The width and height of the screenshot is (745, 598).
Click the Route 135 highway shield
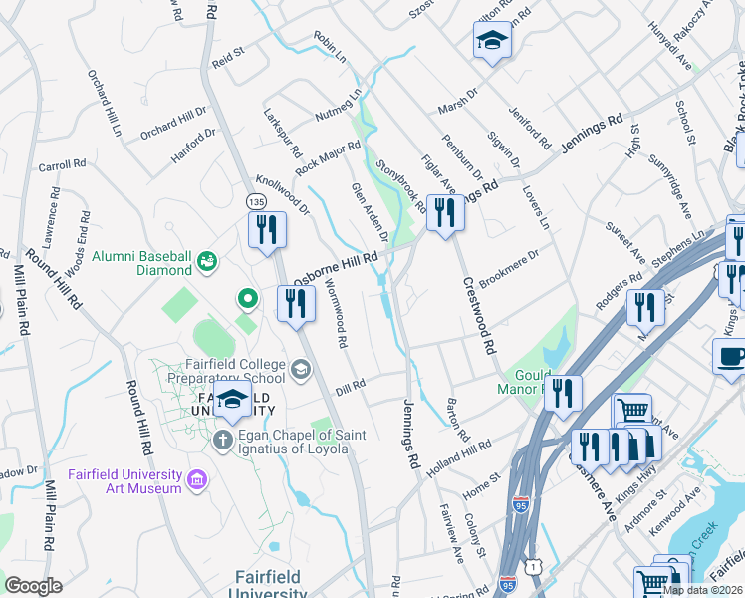coord(254,201)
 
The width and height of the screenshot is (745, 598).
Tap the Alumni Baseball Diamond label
coord(141,262)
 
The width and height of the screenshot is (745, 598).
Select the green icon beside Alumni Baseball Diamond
coord(206,262)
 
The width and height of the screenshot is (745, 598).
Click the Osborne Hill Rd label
coord(335,266)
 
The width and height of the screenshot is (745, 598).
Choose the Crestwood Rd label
coord(478,316)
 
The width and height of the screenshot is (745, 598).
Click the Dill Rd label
coord(351,385)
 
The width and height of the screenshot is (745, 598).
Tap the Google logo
coord(33,586)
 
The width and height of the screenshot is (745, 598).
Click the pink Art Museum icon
coord(197,482)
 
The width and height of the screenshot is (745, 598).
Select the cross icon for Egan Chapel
coord(223,441)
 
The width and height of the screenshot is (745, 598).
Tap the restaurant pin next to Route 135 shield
coord(268,230)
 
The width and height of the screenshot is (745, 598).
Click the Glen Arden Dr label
coord(369,212)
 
